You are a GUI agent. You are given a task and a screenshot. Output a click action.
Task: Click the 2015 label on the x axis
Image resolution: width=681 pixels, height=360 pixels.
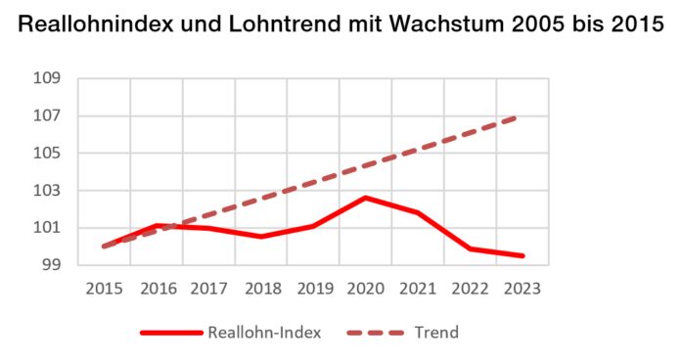[104, 290]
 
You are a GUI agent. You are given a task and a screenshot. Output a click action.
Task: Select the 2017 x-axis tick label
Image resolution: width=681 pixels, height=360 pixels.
[208, 290]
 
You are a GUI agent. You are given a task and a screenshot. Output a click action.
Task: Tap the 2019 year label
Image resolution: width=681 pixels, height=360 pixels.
[313, 290]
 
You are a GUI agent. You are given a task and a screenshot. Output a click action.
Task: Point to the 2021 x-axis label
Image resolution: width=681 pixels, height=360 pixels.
[418, 290]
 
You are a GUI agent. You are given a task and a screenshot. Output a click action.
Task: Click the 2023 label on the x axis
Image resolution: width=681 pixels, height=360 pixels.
[522, 290]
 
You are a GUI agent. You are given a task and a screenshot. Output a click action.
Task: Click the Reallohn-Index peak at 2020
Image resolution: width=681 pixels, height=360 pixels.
[365, 198]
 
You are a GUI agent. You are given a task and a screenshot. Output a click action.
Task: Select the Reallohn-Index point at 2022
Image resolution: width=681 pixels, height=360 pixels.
[470, 248]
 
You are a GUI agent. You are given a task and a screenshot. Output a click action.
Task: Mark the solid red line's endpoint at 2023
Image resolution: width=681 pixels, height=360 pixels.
[522, 255]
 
